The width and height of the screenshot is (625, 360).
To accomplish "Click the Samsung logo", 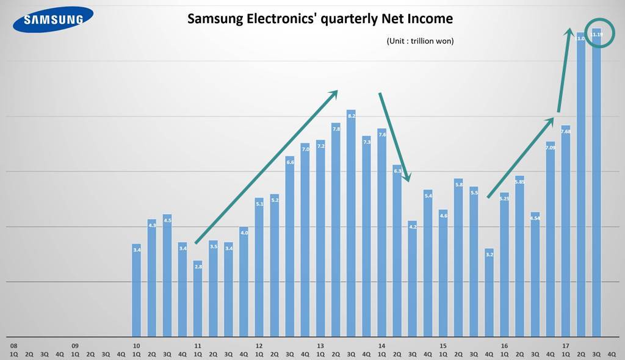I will coord(53,20).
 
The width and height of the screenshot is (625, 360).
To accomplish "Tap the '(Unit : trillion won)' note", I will coord(420,41).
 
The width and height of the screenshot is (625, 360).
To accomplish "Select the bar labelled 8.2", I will coord(351,223).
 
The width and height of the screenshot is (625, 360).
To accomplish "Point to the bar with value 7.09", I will coord(551,238).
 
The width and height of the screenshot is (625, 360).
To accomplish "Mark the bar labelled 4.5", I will coord(167,275).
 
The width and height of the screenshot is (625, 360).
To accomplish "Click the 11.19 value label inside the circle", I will coord(597,35).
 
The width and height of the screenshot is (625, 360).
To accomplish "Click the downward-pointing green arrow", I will coord(396,137).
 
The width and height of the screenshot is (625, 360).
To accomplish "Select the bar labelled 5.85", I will coord(519,256).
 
